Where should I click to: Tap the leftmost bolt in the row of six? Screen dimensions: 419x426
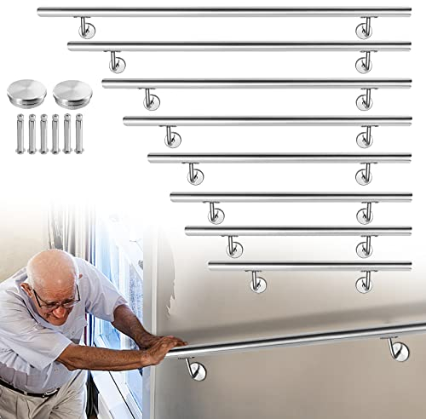coord(20,134)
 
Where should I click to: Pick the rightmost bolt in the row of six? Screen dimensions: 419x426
coord(79,134)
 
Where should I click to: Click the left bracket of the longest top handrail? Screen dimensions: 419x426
coord(86,28)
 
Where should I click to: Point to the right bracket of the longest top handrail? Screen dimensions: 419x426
coord(365,28)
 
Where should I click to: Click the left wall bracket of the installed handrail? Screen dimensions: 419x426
coord(195,370)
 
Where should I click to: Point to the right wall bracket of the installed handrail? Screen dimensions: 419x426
coord(398,349)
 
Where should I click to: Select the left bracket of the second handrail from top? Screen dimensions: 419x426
coord(116,62)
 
